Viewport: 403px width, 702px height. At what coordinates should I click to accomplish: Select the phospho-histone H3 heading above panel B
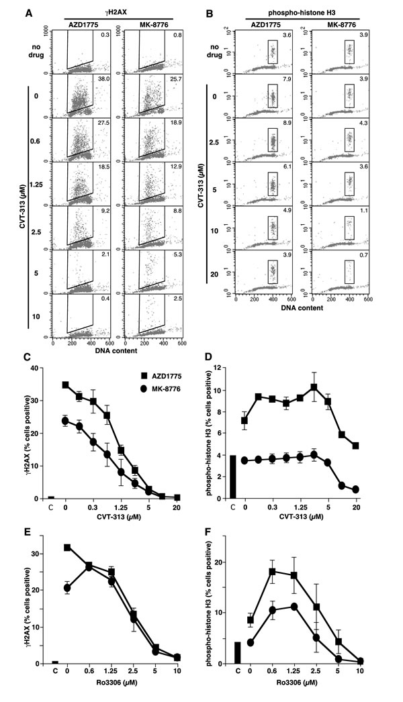308,11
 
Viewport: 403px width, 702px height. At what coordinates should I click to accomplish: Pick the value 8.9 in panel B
285,126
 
